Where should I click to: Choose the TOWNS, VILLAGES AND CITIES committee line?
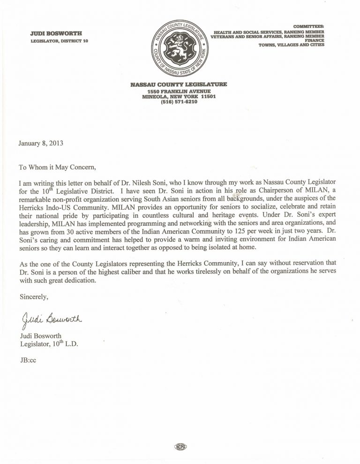point(291,46)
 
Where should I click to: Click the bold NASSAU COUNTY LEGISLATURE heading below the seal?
point(180,84)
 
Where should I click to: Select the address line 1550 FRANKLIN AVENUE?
point(180,91)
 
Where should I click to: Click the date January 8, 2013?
point(41,144)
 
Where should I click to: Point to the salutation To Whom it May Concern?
point(59,166)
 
